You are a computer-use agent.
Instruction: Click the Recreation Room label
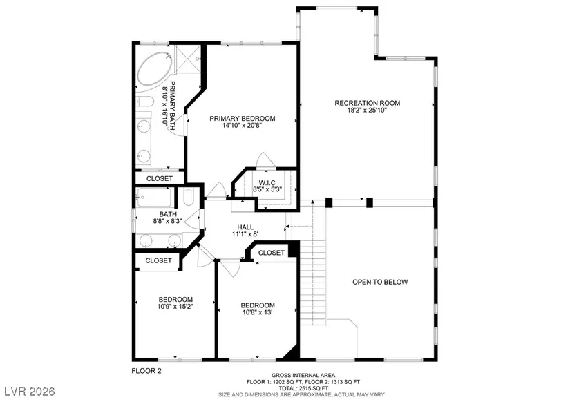pyautogui.click(x=367, y=103)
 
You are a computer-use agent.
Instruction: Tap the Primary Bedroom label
pyautogui.click(x=242, y=119)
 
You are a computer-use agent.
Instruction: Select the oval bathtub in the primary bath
pyautogui.click(x=155, y=72)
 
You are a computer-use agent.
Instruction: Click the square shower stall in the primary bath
pyautogui.click(x=187, y=59)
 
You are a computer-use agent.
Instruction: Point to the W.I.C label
pyautogui.click(x=267, y=183)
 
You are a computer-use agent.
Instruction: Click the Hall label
pyautogui.click(x=245, y=227)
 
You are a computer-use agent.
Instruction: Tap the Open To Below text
pyautogui.click(x=380, y=282)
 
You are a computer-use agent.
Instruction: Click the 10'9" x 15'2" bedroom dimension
pyautogui.click(x=175, y=307)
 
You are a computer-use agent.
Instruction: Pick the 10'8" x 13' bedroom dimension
pyautogui.click(x=258, y=312)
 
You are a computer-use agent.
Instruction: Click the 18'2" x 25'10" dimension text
pyautogui.click(x=367, y=110)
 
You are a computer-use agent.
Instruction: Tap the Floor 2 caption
pyautogui.click(x=146, y=371)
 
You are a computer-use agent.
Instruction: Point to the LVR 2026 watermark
pyautogui.click(x=30, y=392)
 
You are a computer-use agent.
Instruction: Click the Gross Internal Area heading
pyautogui.click(x=303, y=376)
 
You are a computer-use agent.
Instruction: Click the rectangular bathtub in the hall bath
pyautogui.click(x=154, y=198)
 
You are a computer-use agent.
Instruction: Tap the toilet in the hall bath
pyautogui.click(x=189, y=198)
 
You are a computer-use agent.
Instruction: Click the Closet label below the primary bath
pyautogui.click(x=160, y=178)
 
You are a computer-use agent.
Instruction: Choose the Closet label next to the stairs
pyautogui.click(x=272, y=253)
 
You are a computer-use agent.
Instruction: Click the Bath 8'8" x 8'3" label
pyautogui.click(x=168, y=218)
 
